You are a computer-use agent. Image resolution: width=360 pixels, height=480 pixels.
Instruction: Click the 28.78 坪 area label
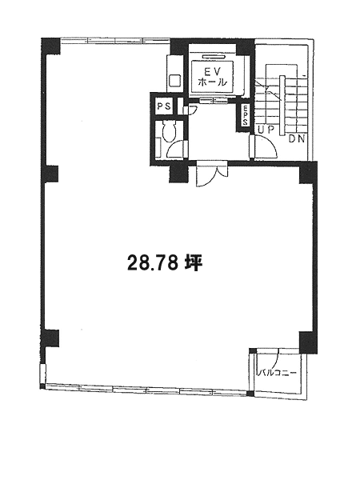pyautogui.click(x=164, y=263)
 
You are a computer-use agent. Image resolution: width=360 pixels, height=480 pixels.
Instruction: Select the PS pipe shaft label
pyautogui.click(x=165, y=106)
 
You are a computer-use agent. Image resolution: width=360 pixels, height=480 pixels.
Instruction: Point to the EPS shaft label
pyautogui.click(x=246, y=116)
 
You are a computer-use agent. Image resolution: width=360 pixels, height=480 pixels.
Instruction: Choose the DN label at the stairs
pyautogui.click(x=297, y=139)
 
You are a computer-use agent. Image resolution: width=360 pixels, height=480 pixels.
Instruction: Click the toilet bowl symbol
pyautogui.click(x=168, y=131)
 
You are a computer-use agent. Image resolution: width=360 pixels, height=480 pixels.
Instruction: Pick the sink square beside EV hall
pyautogui.click(x=174, y=81)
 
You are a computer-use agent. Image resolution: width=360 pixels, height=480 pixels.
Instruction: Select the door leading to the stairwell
pyautogui.click(x=264, y=147)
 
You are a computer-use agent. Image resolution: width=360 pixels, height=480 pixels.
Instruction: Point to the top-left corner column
pyautogui.click(x=50, y=46)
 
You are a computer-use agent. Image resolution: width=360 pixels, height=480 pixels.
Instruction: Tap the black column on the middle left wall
pyautogui.click(x=50, y=174)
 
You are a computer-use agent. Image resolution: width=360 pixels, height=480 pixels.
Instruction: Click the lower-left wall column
pyautogui.click(x=50, y=338)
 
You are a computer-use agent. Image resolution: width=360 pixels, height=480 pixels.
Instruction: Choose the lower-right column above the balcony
pyautogui.click(x=308, y=342)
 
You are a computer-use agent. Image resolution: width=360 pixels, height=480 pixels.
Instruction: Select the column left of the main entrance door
pyautogui.click(x=179, y=174)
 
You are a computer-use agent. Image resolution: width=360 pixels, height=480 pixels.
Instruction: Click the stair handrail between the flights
pyautogui.click(x=282, y=105)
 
